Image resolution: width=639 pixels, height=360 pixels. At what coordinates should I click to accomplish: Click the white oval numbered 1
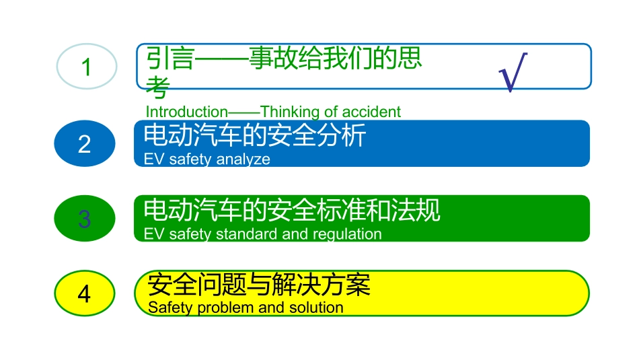click(x=86, y=67)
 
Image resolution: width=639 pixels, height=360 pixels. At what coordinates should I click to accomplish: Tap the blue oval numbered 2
click(x=85, y=144)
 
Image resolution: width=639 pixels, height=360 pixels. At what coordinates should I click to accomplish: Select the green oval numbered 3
click(x=85, y=219)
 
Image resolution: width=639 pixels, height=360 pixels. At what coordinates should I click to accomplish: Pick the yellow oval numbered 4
click(x=85, y=294)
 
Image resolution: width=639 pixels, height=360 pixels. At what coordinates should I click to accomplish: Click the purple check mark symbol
click(x=513, y=72)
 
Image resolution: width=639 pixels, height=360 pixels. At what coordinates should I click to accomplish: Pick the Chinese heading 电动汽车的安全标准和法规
click(x=292, y=211)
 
